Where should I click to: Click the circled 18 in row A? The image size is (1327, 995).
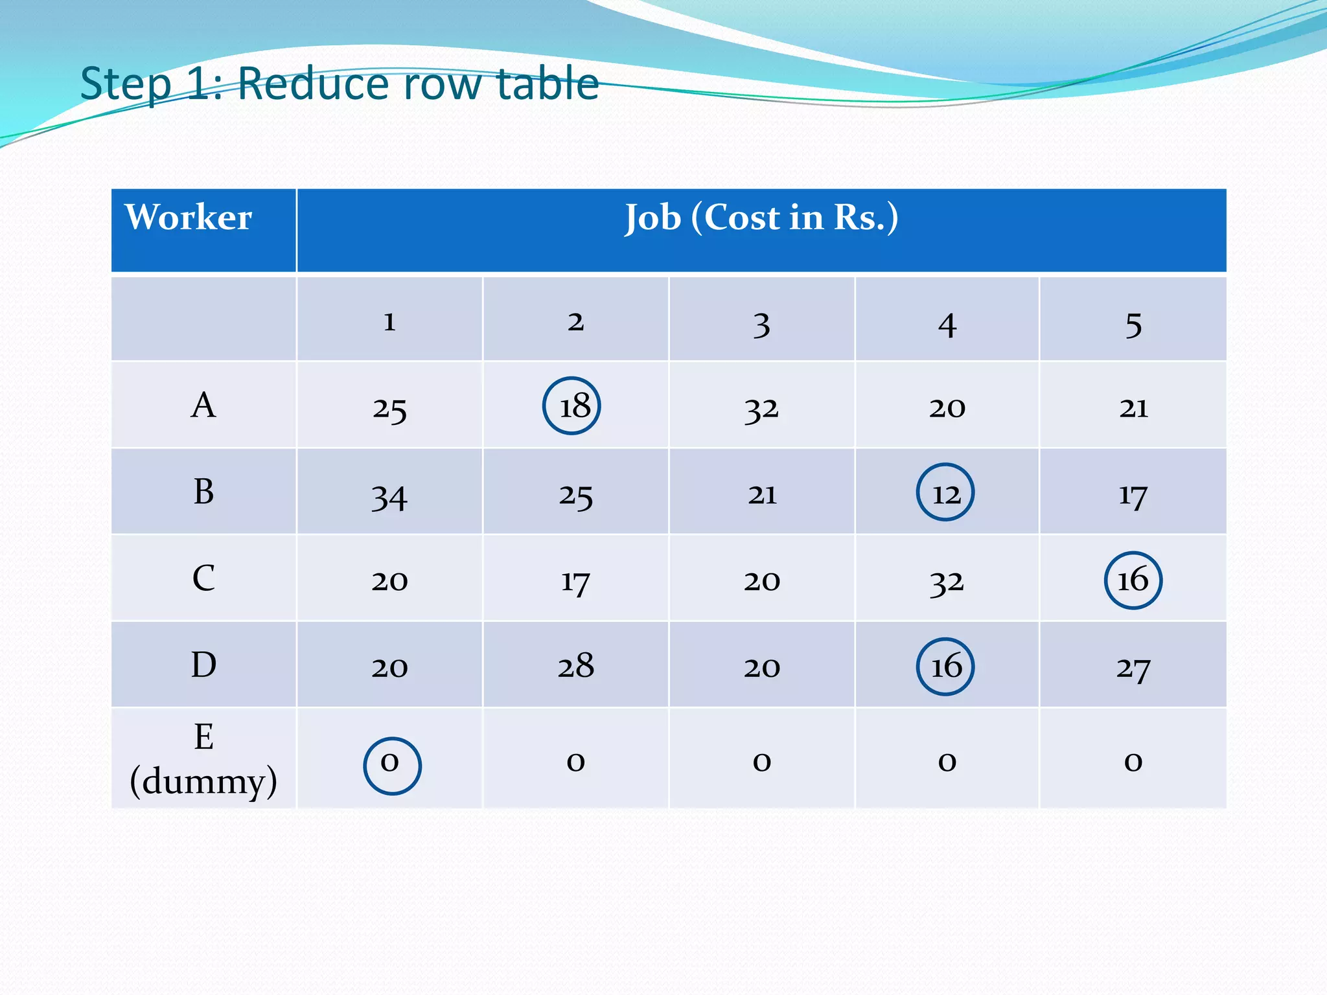572,406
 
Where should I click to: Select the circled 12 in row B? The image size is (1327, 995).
945,492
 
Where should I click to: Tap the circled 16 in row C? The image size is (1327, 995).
1133,580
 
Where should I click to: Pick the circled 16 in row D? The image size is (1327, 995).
945,667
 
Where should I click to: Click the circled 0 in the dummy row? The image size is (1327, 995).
392,766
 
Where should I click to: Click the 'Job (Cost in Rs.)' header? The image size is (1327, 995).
761,218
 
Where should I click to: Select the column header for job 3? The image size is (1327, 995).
762,324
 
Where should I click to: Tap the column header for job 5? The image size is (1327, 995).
1133,324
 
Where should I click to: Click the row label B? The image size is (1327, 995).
203,492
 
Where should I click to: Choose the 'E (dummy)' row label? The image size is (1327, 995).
203,759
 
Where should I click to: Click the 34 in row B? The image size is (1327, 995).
389,497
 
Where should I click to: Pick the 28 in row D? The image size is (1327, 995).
575,666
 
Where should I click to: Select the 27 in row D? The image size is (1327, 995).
1133,668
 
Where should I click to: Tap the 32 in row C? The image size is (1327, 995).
947,582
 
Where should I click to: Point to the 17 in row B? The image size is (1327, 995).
1133,496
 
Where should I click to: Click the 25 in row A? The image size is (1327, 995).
389,409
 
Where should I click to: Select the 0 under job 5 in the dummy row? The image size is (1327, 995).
1133,762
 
